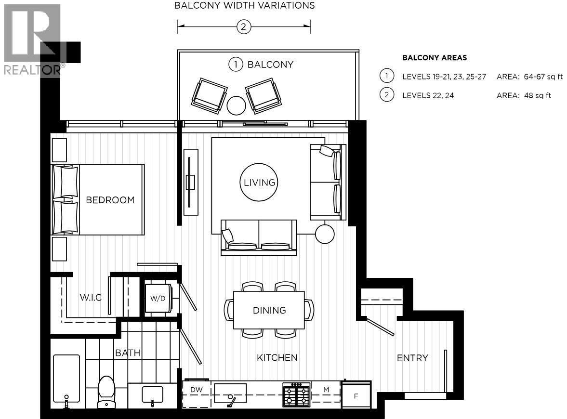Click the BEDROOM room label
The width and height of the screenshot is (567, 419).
pos(110,200)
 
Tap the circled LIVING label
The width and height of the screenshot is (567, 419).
pos(259,183)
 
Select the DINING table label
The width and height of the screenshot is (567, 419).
pos(269,311)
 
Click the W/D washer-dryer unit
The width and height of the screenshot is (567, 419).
pos(158,299)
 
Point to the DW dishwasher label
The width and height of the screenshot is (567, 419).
pos(196,389)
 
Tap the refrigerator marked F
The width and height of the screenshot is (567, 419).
pos(356,396)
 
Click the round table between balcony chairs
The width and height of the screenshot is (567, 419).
pos(236,105)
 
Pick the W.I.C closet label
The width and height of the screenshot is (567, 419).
pos(91,297)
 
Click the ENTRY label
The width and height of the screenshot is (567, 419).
pos(412,358)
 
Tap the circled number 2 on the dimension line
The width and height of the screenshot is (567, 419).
pos(244,27)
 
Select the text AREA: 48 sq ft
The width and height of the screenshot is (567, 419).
pos(524,95)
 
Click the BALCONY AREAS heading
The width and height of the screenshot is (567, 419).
pos(434,58)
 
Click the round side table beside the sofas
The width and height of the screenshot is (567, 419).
pos(324,234)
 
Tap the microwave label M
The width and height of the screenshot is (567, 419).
pos(326,389)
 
